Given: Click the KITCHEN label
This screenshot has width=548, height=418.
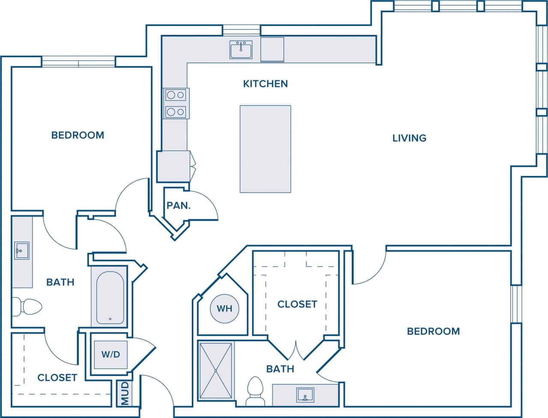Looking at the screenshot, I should pos(265,84).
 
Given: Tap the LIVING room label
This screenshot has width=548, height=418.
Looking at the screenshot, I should pos(409,138).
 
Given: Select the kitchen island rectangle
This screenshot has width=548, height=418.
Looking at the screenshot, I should pos(265,149).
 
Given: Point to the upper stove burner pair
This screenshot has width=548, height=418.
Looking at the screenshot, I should pos(176,95).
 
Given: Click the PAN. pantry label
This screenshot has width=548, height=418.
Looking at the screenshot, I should pos(179,205).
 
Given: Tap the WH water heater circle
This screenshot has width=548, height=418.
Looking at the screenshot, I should pos(224,308).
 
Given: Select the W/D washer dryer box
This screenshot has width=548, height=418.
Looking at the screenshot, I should pos(110,354).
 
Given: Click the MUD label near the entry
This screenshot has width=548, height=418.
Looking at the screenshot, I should pos(125,393).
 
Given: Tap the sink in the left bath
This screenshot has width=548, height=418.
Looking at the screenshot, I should pos(21,250).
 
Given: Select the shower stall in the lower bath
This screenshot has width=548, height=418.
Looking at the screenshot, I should pos(216,371).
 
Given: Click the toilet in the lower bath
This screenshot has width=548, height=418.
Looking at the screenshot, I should pos(256,390).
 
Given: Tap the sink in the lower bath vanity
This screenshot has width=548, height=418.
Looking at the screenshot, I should pos(305,394).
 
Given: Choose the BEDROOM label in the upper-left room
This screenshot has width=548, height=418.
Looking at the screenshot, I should pos(77,135).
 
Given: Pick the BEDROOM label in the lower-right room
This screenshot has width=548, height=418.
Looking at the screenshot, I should pos(433,331).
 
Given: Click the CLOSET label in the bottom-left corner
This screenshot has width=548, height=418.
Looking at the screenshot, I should pos(57,377).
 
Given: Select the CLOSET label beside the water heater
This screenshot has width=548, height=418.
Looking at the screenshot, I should pos(297,304).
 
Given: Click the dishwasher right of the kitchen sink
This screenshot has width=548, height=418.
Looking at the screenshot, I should pos(272,49).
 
